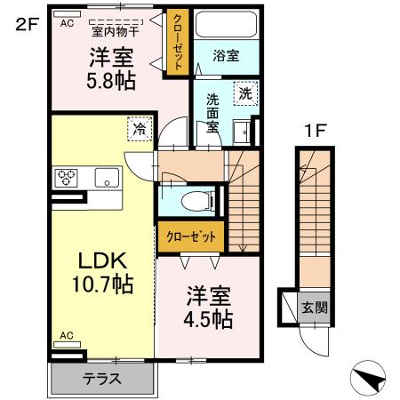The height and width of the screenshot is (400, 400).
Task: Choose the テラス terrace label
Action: click(x=103, y=379)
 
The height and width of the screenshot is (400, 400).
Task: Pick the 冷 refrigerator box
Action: click(x=140, y=129)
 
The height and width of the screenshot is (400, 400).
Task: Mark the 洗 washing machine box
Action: click(x=244, y=92)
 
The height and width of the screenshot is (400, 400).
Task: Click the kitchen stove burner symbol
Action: click(x=67, y=176)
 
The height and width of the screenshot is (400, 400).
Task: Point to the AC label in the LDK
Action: click(x=67, y=336)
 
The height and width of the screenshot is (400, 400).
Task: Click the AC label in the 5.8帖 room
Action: click(x=67, y=25)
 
